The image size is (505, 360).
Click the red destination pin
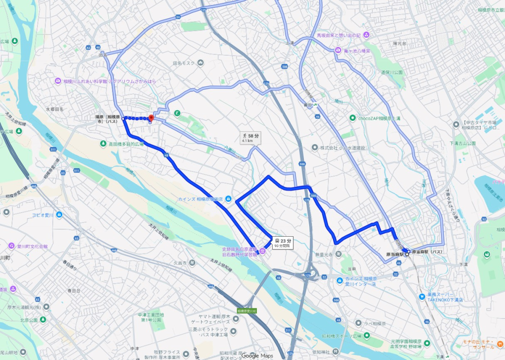(151, 118)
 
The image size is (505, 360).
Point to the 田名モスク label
(184, 63)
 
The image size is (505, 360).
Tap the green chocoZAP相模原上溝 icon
(352, 117)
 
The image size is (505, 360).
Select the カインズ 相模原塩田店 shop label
(201, 199)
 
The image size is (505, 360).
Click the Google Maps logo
(257, 356)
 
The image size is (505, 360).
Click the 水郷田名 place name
(54, 109)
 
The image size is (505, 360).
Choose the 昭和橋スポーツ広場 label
(339, 336)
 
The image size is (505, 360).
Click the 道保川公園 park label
(392, 72)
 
